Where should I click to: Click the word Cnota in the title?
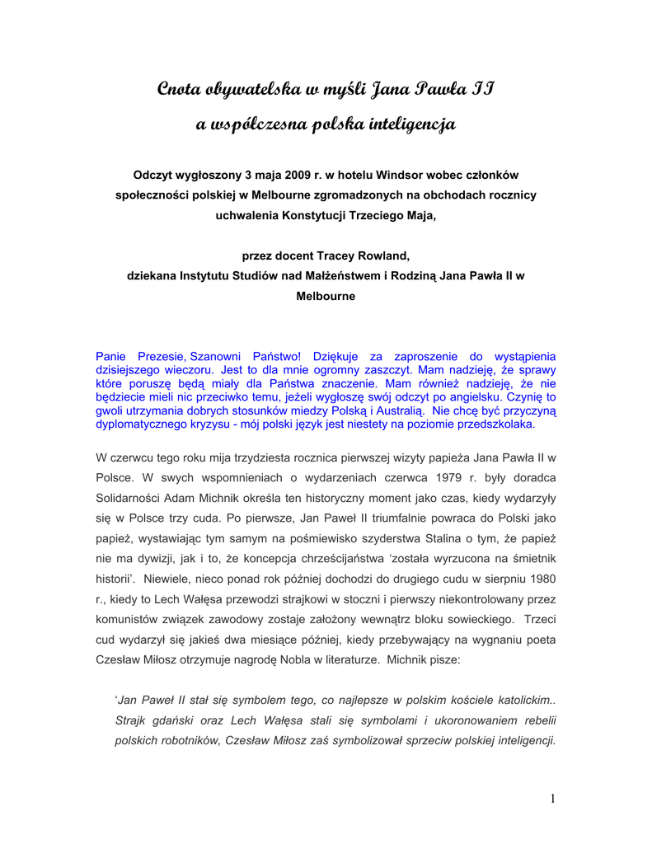click(179, 88)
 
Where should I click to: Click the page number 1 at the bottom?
click(553, 798)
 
